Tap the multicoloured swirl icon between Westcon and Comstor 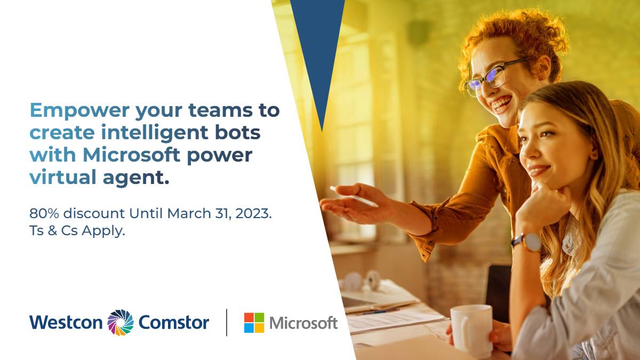[120, 322]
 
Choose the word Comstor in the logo [174, 322]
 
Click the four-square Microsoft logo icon [254, 323]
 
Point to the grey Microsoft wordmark [303, 323]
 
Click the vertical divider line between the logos [227, 322]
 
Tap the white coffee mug [472, 330]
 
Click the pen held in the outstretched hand [353, 196]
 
